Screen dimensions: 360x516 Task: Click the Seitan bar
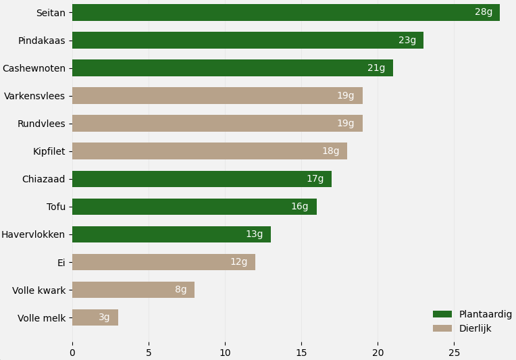(286, 12)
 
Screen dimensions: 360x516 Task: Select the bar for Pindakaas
(247, 40)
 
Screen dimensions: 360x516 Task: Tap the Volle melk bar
(95, 317)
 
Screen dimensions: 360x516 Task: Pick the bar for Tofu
(195, 207)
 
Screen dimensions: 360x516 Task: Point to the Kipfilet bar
(209, 151)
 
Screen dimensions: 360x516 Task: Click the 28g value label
(484, 12)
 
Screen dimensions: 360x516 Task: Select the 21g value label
(376, 68)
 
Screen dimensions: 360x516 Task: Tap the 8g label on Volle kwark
(181, 290)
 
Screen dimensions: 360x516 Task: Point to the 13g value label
(254, 234)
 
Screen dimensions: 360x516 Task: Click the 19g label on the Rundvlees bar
(346, 124)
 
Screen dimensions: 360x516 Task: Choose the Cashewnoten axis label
(34, 68)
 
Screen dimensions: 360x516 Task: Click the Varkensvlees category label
(34, 96)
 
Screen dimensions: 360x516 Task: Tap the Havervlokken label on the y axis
(33, 234)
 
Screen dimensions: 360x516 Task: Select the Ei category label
(61, 262)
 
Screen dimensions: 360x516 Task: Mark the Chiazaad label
(44, 179)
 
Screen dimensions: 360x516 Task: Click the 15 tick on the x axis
(301, 352)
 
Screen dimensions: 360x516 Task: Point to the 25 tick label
(454, 352)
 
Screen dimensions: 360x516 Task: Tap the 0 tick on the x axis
(72, 352)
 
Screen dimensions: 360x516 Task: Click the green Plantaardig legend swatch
(442, 314)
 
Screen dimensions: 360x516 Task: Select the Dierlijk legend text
(475, 328)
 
